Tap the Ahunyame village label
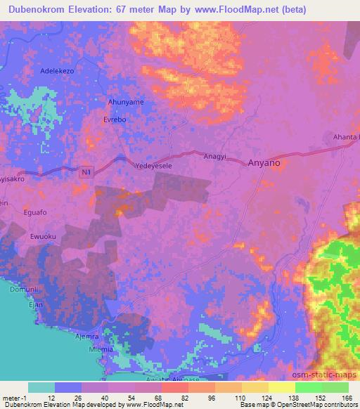tap(126, 102)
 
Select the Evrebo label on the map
tap(115, 119)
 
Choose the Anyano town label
tap(264, 162)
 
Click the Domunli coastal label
tap(22, 290)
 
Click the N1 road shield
tap(86, 171)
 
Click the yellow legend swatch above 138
tap(281, 387)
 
